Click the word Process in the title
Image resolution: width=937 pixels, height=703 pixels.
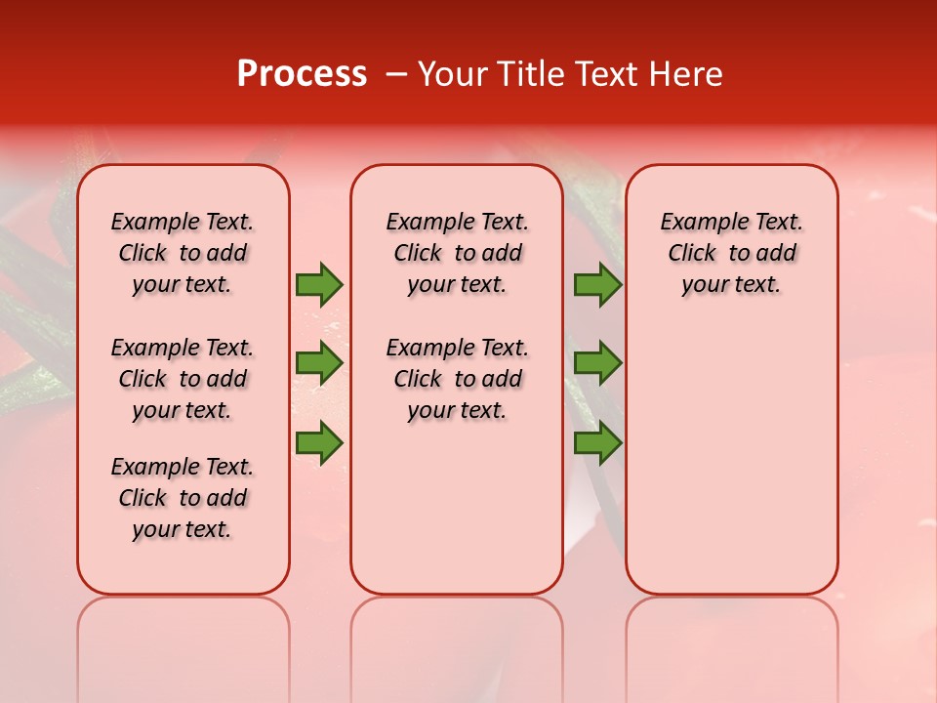tap(302, 74)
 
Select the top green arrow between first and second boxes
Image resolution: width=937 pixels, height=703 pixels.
tap(319, 284)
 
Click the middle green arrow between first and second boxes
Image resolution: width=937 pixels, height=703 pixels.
tap(319, 363)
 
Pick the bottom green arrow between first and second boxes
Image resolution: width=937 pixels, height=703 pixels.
tap(319, 443)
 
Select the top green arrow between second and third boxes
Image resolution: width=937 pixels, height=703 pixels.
tap(597, 284)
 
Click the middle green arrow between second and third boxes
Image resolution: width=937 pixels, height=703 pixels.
tap(597, 363)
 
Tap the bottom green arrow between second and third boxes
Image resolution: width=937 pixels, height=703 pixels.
tap(597, 443)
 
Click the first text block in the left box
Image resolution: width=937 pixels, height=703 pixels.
tap(183, 253)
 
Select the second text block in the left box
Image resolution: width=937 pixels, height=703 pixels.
tap(183, 379)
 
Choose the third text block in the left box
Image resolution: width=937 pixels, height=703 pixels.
tap(183, 498)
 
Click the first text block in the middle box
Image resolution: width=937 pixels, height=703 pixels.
tap(457, 253)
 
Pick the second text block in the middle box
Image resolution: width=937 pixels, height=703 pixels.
tap(457, 379)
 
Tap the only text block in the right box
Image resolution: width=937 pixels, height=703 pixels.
tap(731, 253)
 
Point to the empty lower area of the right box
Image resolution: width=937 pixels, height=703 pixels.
tap(731, 459)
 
